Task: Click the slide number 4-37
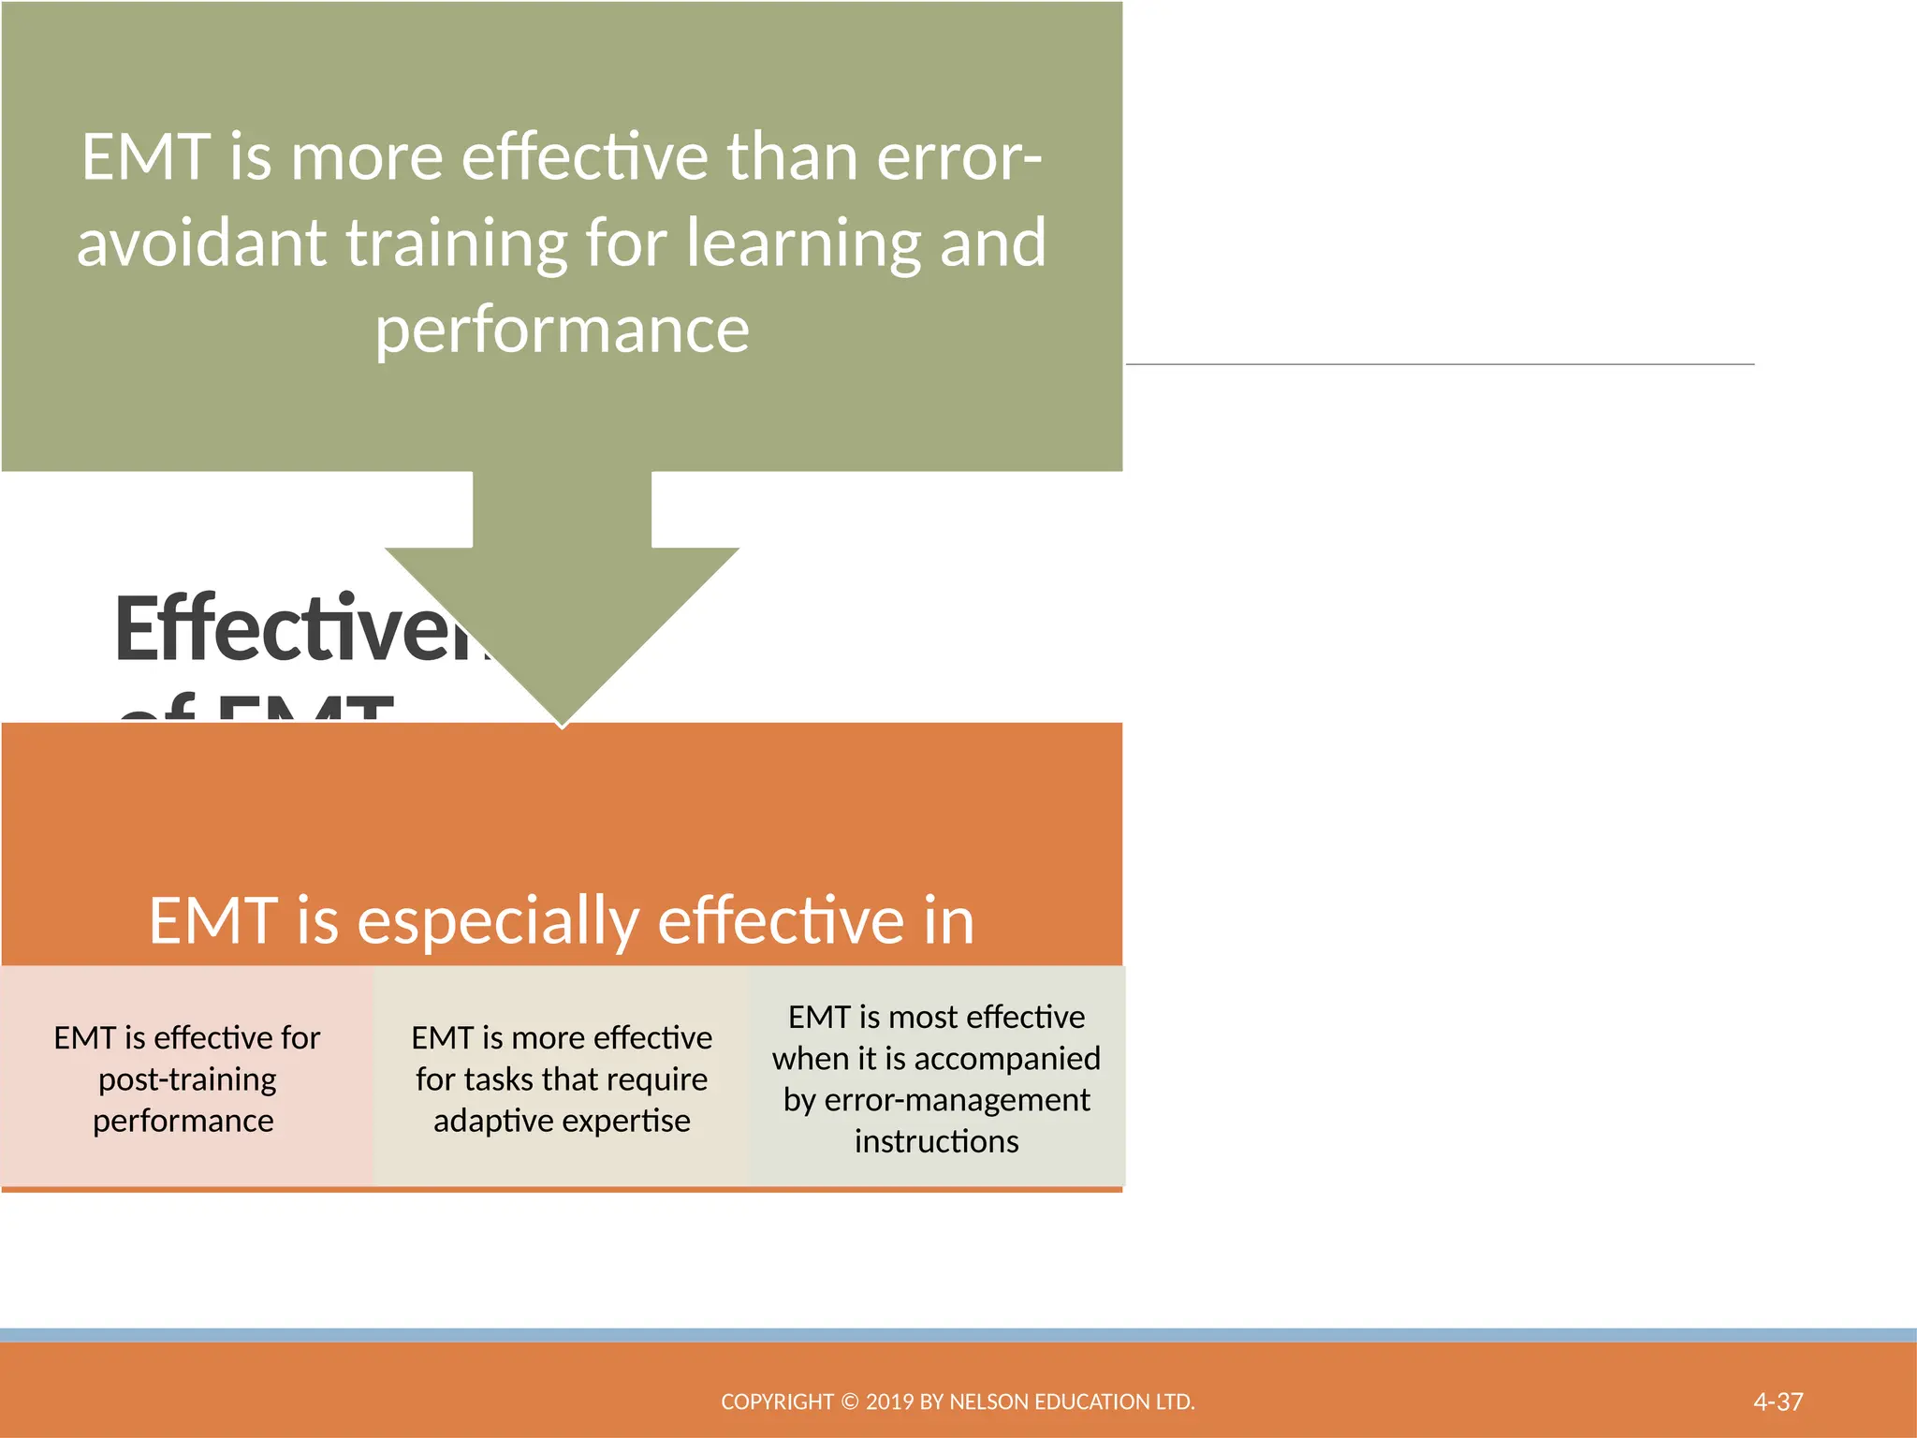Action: [x=1778, y=1401]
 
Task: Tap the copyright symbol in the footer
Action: [x=849, y=1401]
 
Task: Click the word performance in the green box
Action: [x=562, y=330]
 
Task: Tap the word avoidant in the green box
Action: [x=201, y=243]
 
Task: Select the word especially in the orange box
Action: [x=498, y=920]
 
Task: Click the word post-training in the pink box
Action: [x=187, y=1079]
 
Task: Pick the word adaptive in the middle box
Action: [x=493, y=1121]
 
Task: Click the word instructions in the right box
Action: [x=936, y=1141]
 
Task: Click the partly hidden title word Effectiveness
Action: [x=300, y=629]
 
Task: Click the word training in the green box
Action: [x=456, y=243]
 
